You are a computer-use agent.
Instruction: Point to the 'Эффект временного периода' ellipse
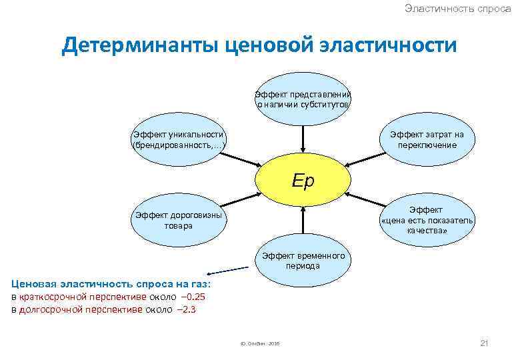pos(304,261)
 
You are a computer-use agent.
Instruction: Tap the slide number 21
pos(485,343)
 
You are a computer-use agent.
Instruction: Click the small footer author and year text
pos(259,343)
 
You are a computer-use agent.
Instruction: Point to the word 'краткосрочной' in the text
pos(47,297)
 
